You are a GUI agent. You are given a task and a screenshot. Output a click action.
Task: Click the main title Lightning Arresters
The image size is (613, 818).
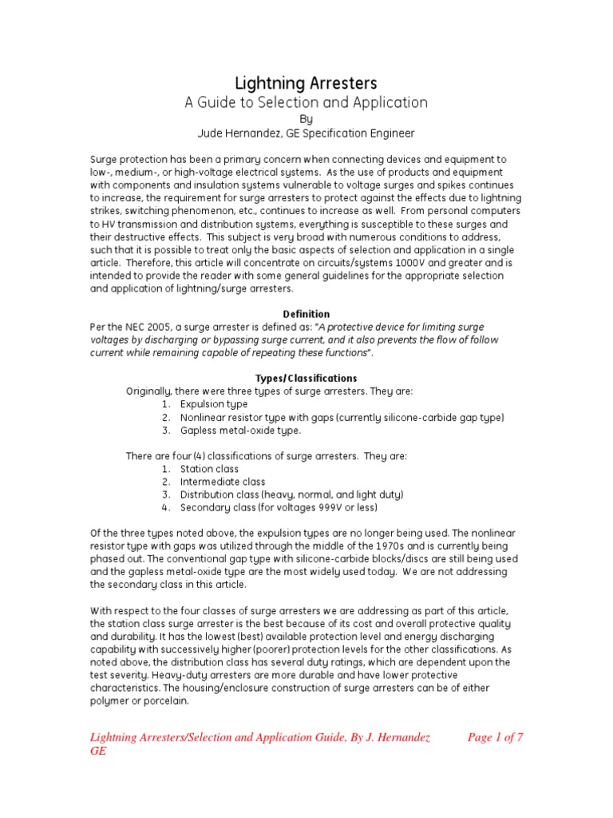pos(306,83)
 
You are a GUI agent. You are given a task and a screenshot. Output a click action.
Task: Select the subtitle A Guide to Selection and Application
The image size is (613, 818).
pos(306,102)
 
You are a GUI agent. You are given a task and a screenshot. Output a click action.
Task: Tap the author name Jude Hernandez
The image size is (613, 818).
pos(257,133)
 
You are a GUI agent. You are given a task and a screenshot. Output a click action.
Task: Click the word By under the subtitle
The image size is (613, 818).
pos(306,118)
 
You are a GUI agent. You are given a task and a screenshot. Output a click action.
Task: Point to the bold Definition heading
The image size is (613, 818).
pos(306,314)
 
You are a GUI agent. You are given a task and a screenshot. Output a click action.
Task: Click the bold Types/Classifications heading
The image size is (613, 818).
pos(306,378)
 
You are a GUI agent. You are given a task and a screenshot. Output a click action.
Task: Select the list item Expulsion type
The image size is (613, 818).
pos(214,404)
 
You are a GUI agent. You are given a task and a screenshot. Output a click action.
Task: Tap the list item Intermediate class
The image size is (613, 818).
pos(223,482)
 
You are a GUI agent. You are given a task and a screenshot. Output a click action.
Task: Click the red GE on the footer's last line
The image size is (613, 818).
pos(97,752)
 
